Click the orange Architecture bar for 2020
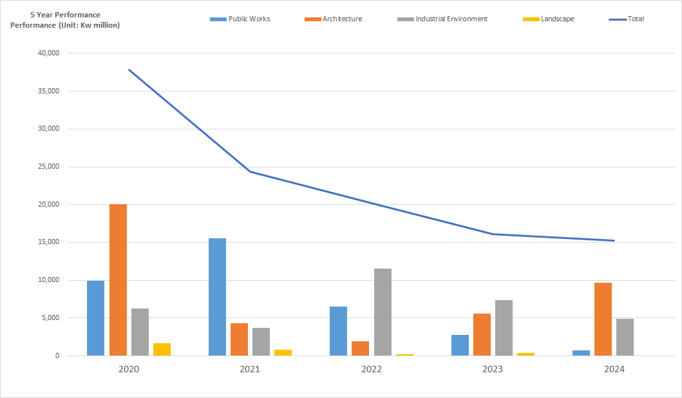118,280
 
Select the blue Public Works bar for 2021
218,297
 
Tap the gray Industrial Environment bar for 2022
383,312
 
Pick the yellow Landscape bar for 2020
162,349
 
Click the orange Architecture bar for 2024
603,319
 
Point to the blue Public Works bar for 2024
582,353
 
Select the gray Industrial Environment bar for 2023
504,328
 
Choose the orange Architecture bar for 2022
361,348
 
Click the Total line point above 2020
129,70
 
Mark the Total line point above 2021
250,171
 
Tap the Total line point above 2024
614,241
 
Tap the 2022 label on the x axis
372,370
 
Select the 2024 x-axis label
614,370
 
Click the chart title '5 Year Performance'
65,15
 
